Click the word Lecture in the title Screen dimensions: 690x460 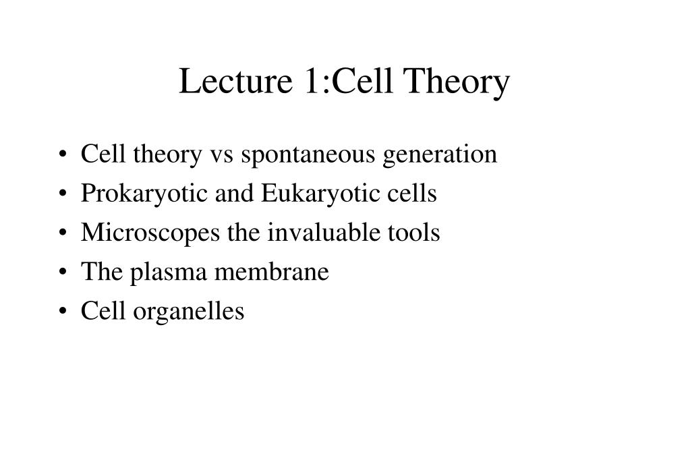pos(235,81)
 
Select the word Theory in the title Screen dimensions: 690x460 pos(457,83)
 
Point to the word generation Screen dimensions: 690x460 pos(440,155)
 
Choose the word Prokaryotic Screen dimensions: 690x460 pos(144,194)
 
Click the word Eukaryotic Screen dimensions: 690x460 pos(320,194)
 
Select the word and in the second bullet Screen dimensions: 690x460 pos(234,193)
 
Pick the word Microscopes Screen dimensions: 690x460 pos(150,233)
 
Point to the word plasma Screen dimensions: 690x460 pos(168,272)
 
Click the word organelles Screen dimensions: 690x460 pos(188,312)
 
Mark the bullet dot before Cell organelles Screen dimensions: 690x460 pos(63,311)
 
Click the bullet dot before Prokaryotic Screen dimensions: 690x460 pos(63,194)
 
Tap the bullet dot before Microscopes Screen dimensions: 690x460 pos(63,233)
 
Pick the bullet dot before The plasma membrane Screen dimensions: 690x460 pos(63,272)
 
